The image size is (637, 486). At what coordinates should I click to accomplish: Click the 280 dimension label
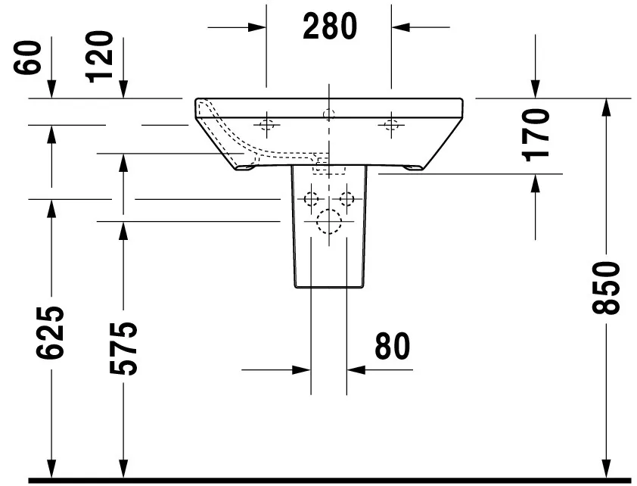(329, 27)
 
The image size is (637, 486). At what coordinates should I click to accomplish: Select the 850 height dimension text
(607, 288)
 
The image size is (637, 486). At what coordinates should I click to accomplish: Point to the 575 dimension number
(123, 348)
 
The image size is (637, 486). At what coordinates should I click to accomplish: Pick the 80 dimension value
(392, 346)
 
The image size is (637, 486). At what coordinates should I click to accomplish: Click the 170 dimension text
(536, 136)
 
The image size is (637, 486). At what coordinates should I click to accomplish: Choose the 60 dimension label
(30, 58)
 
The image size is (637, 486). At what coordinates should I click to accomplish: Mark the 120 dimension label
(101, 57)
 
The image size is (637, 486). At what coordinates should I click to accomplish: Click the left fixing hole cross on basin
(266, 124)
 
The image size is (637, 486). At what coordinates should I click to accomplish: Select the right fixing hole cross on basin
(390, 124)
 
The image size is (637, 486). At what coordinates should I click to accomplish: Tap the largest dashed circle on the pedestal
(329, 221)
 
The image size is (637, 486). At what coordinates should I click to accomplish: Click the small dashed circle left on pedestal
(311, 199)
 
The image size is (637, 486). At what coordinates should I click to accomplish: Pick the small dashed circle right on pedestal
(346, 199)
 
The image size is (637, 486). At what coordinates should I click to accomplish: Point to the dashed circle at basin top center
(328, 114)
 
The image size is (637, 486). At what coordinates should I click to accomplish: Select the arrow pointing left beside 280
(400, 27)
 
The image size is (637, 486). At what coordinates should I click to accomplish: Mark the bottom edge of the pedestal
(329, 288)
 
